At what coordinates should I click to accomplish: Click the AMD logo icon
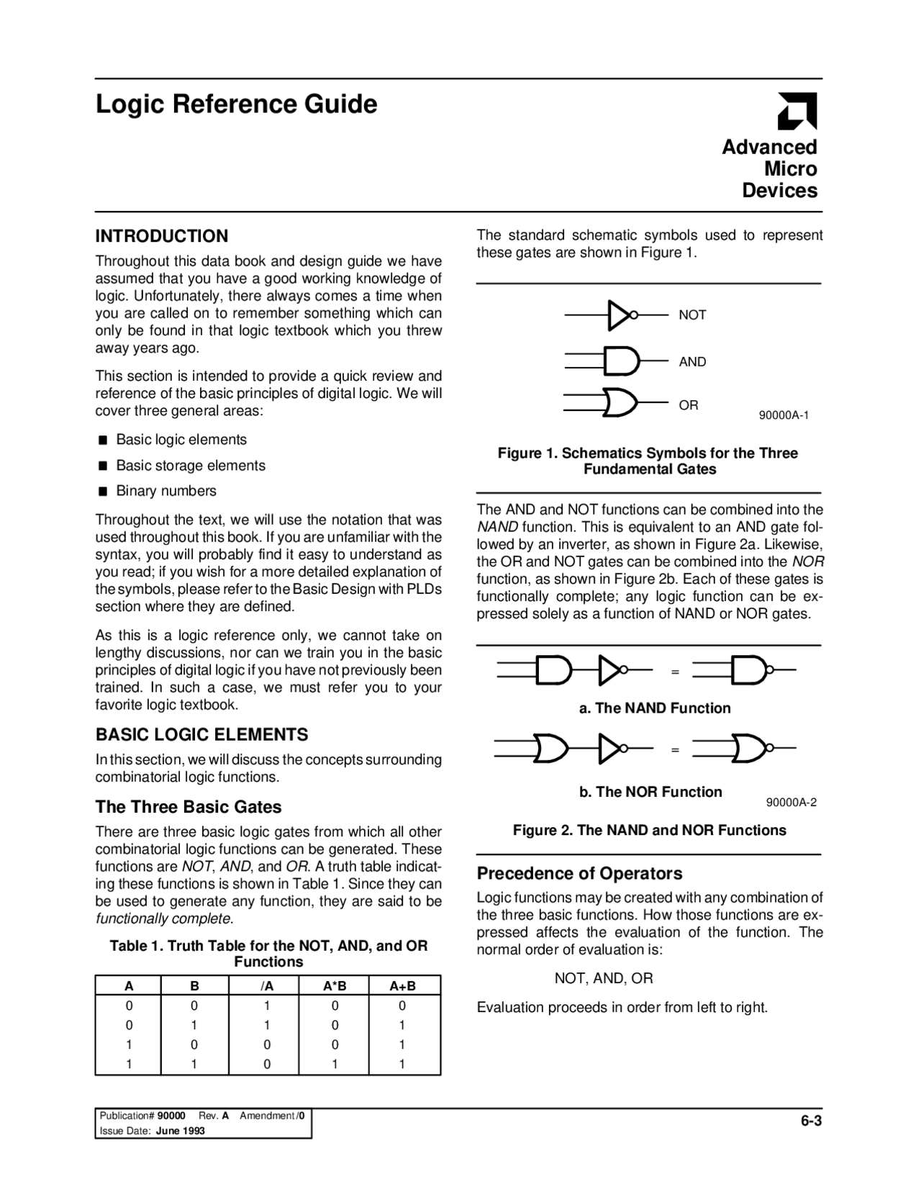797,112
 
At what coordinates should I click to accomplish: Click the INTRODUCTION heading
162,236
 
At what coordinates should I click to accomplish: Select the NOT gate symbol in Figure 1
620,315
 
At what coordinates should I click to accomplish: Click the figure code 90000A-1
784,415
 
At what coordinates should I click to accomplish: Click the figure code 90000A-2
791,803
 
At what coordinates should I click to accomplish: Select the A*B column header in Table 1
335,986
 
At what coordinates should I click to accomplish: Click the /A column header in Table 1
266,986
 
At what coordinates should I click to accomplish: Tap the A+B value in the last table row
402,1064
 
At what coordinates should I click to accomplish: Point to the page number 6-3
811,1121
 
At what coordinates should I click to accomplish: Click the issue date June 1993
180,1131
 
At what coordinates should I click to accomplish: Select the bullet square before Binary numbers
103,492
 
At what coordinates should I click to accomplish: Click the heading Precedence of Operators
579,873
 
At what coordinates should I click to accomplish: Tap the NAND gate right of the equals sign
749,670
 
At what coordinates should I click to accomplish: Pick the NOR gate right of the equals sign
749,748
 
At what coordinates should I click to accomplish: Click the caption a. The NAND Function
655,708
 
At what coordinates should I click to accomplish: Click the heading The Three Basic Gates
189,807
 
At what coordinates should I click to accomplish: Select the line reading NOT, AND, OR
604,978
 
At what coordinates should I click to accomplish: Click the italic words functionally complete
164,919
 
